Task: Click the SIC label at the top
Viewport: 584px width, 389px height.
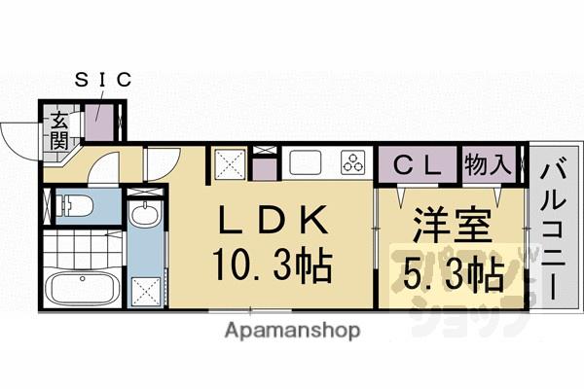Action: point(102,81)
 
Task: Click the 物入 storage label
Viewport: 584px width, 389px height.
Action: point(487,162)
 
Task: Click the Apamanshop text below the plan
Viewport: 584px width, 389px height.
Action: point(292,331)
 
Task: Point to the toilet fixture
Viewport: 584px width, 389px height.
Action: point(74,206)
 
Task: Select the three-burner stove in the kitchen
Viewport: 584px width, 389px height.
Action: point(351,162)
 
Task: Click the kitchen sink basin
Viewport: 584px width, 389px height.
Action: point(306,162)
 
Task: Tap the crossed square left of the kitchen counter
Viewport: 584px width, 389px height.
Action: point(230,162)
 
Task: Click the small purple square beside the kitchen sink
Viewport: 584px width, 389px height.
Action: point(263,166)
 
